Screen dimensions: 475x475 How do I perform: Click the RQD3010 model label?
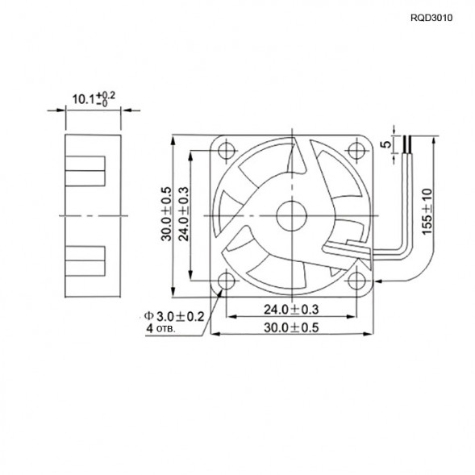(432, 16)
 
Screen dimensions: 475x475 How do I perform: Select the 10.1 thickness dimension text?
(94, 99)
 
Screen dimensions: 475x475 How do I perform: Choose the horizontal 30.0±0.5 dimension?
(291, 327)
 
